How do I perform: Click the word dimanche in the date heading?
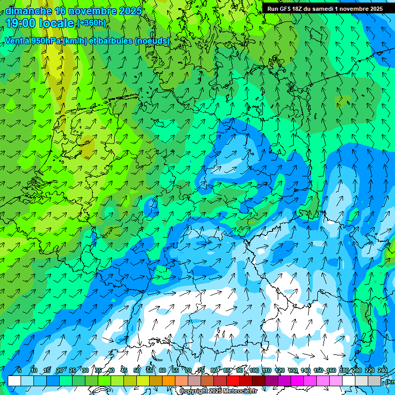pos(28,11)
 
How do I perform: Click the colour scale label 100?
pos(254,370)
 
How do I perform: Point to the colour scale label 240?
pos(382,370)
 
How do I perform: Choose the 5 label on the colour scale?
pos(19,370)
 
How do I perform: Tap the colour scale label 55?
pos(150,370)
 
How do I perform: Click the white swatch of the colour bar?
pos(14,381)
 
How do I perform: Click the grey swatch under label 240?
pos(375,381)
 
